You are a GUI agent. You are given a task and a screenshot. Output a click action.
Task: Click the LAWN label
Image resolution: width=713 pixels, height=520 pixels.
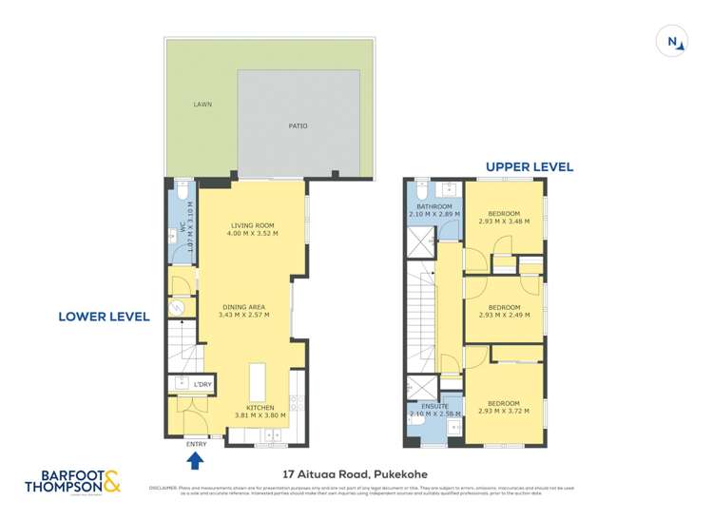(x=202, y=105)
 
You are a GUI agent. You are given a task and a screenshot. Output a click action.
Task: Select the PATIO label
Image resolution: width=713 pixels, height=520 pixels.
(x=298, y=125)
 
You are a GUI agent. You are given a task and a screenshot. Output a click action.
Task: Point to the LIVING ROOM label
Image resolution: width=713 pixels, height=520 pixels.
(x=252, y=225)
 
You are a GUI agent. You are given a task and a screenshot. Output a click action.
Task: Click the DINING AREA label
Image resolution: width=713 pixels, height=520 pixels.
(x=243, y=307)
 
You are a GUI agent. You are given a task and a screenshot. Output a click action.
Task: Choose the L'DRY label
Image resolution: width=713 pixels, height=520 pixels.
(x=202, y=383)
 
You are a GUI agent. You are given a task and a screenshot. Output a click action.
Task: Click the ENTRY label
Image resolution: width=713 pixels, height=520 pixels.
(x=196, y=444)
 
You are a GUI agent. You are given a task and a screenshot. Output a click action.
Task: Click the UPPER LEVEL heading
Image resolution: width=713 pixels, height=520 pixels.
(x=529, y=166)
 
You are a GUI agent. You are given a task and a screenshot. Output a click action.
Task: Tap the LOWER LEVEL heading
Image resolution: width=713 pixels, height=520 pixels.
(x=105, y=317)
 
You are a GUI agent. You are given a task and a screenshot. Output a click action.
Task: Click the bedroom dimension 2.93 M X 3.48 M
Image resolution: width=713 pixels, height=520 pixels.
(x=504, y=221)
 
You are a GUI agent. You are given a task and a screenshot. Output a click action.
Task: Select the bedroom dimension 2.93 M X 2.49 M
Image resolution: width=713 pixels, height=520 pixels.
(x=504, y=316)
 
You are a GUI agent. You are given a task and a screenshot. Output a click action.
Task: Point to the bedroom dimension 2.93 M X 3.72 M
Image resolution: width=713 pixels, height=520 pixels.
(x=504, y=413)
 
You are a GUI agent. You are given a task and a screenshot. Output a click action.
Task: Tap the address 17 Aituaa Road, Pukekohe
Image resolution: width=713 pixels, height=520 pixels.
(x=356, y=472)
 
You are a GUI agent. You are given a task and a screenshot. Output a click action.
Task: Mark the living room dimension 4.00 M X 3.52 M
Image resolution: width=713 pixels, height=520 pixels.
(x=252, y=234)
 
